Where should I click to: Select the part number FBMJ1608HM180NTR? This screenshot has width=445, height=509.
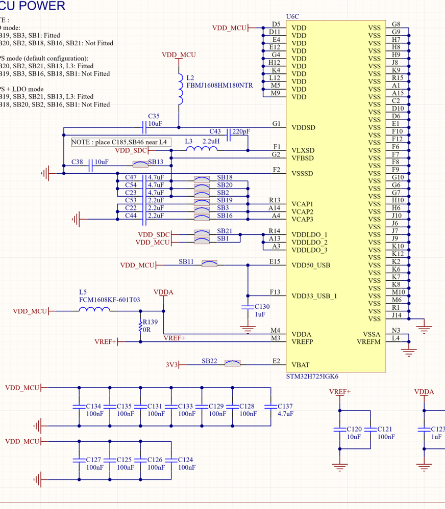(x=219, y=86)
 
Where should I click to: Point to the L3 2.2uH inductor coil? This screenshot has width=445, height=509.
(x=202, y=149)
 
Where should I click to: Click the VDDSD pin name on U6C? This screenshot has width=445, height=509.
(x=303, y=127)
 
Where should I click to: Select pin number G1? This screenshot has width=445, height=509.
(x=277, y=123)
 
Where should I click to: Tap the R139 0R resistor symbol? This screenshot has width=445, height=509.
(x=141, y=326)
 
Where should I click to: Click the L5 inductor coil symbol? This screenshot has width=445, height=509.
(x=94, y=309)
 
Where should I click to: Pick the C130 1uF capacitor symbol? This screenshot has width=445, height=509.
(x=248, y=307)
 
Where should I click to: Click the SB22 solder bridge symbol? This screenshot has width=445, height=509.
(x=233, y=364)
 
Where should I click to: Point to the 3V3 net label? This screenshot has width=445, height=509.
(x=172, y=365)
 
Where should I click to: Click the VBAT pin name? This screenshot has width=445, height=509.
(x=301, y=365)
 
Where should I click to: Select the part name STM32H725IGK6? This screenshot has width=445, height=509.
(x=312, y=377)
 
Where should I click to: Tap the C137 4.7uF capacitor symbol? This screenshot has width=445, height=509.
(x=271, y=406)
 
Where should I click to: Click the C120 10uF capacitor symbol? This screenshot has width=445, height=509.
(x=340, y=430)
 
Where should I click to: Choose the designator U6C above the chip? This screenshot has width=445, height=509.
(x=293, y=16)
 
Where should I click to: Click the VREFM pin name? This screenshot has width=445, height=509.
(x=368, y=341)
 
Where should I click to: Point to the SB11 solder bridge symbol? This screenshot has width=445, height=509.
(x=209, y=264)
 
